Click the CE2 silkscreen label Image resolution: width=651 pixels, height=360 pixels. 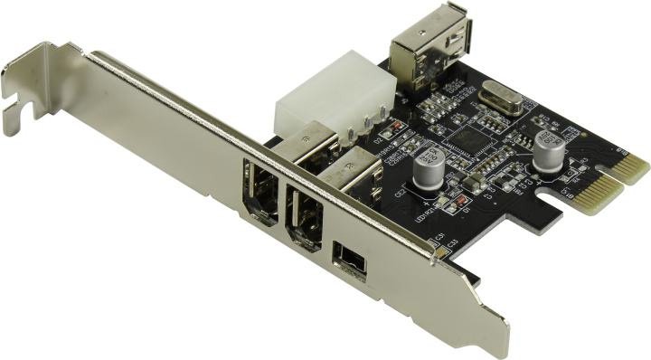point(401,193)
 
